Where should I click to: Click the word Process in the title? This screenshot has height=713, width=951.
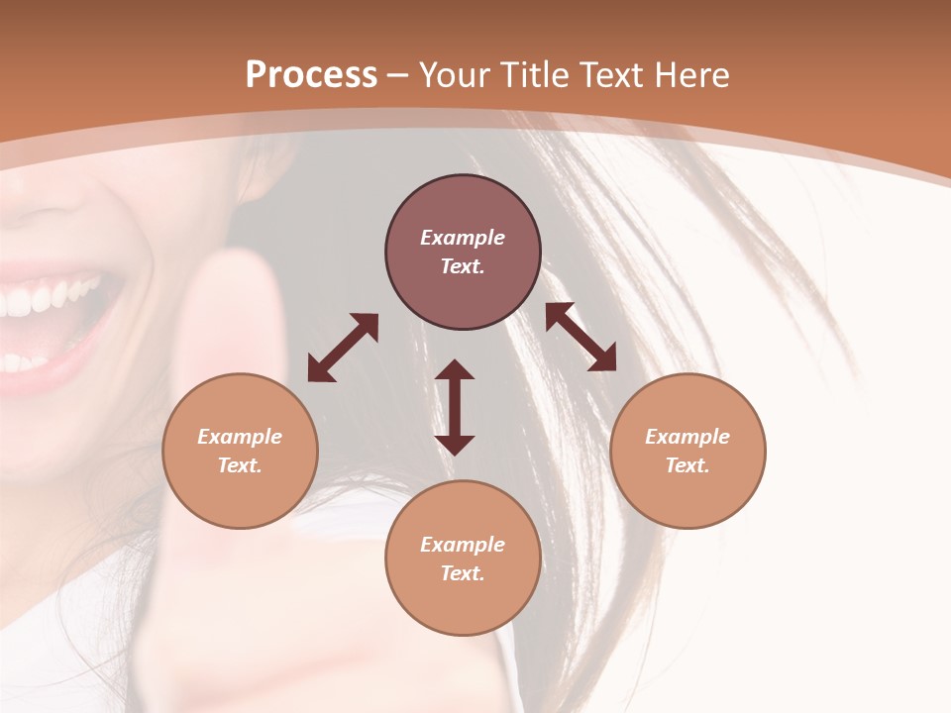coord(311,75)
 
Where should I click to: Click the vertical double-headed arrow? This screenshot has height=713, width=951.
coord(455,408)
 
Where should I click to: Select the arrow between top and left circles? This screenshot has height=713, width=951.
coord(343,348)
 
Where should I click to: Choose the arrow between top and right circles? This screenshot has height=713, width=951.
coord(581,338)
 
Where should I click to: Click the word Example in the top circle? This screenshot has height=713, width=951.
coord(463,238)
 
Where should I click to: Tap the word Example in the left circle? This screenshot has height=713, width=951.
coord(240,437)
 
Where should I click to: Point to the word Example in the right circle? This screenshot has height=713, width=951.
coord(687,437)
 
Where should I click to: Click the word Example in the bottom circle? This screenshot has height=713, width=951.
coord(463,545)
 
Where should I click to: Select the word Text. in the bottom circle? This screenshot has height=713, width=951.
coord(463,573)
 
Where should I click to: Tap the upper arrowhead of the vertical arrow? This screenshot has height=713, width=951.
coord(455,369)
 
